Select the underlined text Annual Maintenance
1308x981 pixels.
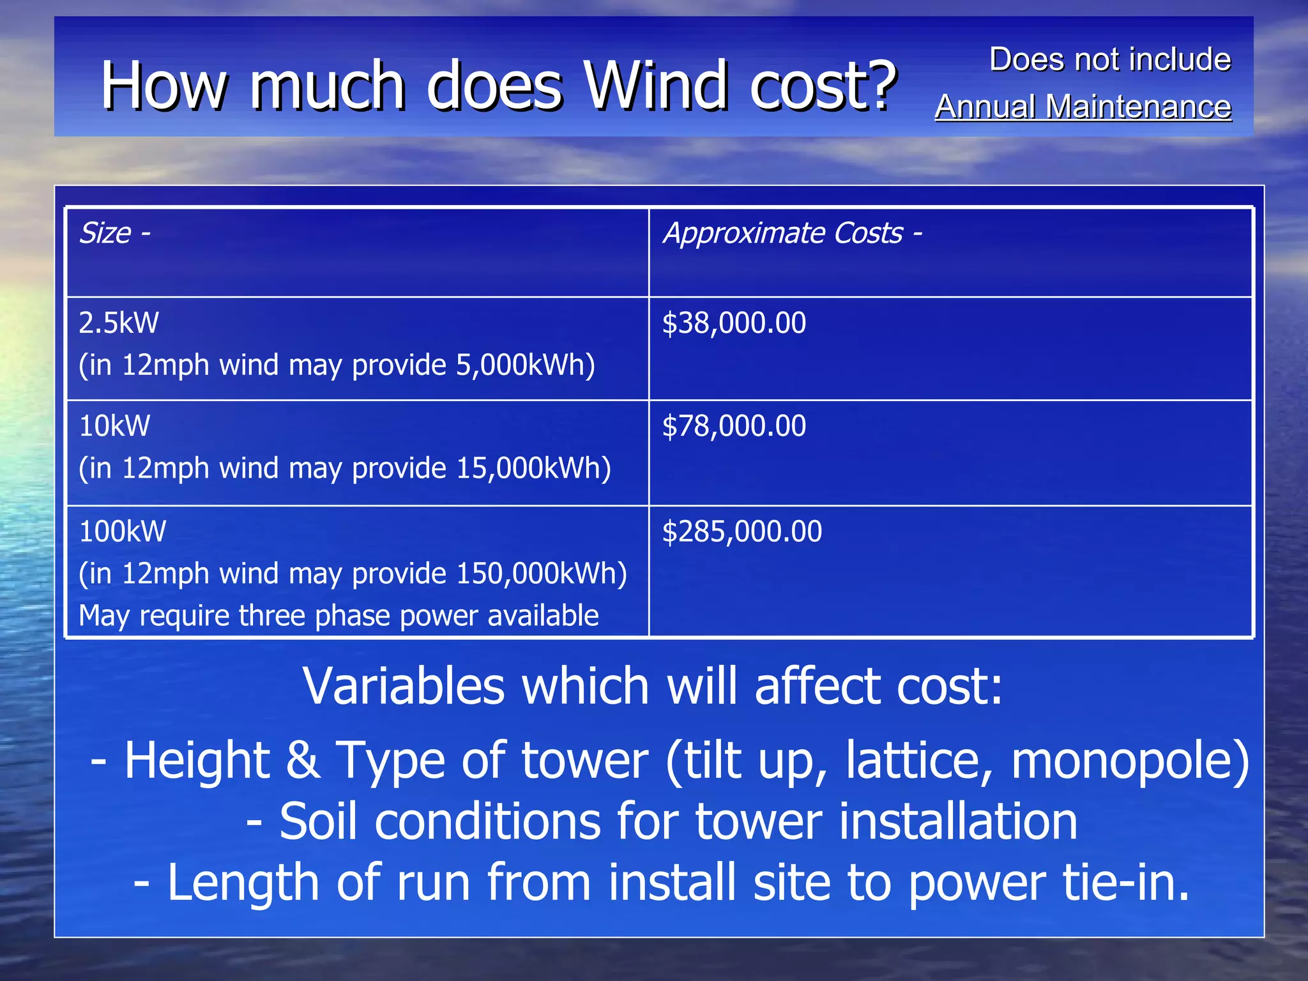(x=1083, y=107)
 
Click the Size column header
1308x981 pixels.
(x=105, y=233)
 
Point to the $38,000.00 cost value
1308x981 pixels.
(x=734, y=323)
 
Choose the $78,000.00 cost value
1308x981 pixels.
(x=734, y=426)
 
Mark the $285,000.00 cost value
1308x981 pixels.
(x=741, y=531)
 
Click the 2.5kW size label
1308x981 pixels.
(x=119, y=323)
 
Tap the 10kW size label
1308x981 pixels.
(x=115, y=426)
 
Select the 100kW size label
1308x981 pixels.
(x=123, y=531)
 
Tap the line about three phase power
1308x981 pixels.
(x=338, y=616)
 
